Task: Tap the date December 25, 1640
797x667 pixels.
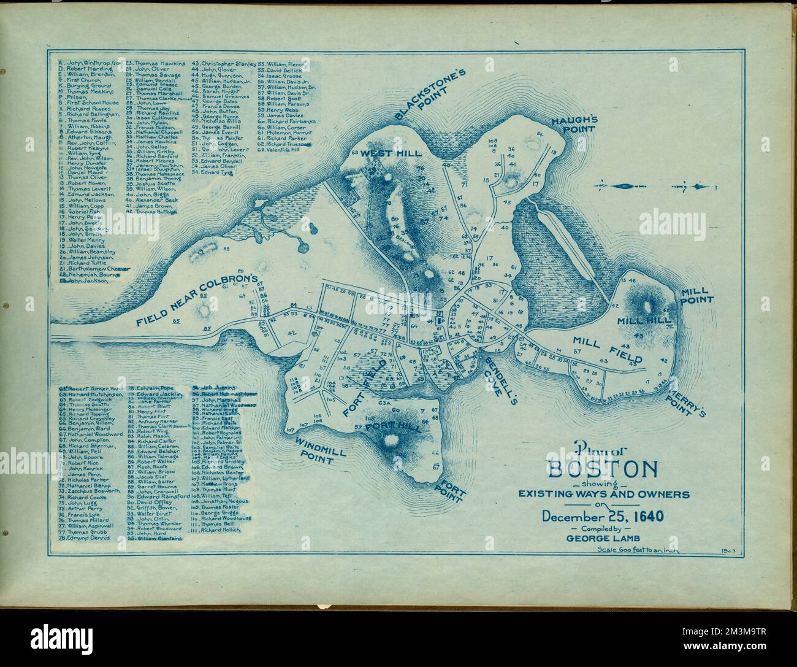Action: point(603,515)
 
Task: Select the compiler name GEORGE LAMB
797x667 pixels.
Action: point(603,539)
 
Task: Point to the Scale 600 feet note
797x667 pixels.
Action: point(638,550)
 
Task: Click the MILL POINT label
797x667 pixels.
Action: point(697,296)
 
